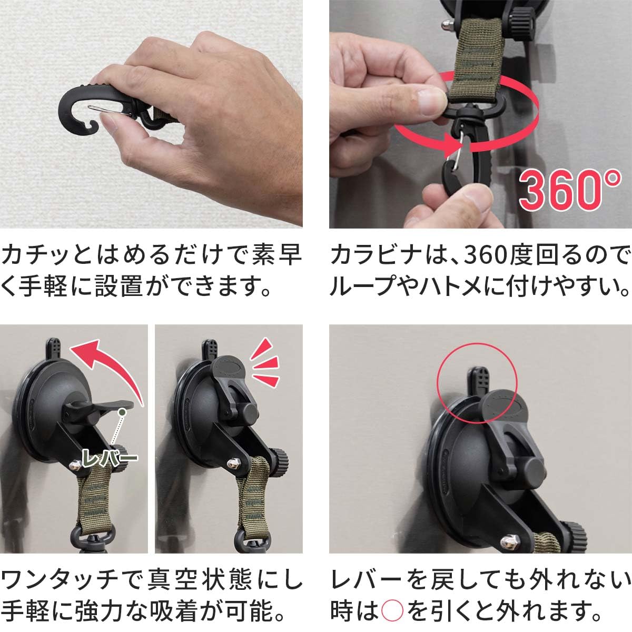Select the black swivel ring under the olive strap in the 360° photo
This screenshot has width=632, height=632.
(466, 113)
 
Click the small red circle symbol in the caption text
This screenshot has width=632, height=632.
(391, 611)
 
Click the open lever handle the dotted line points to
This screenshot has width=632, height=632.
(113, 405)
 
